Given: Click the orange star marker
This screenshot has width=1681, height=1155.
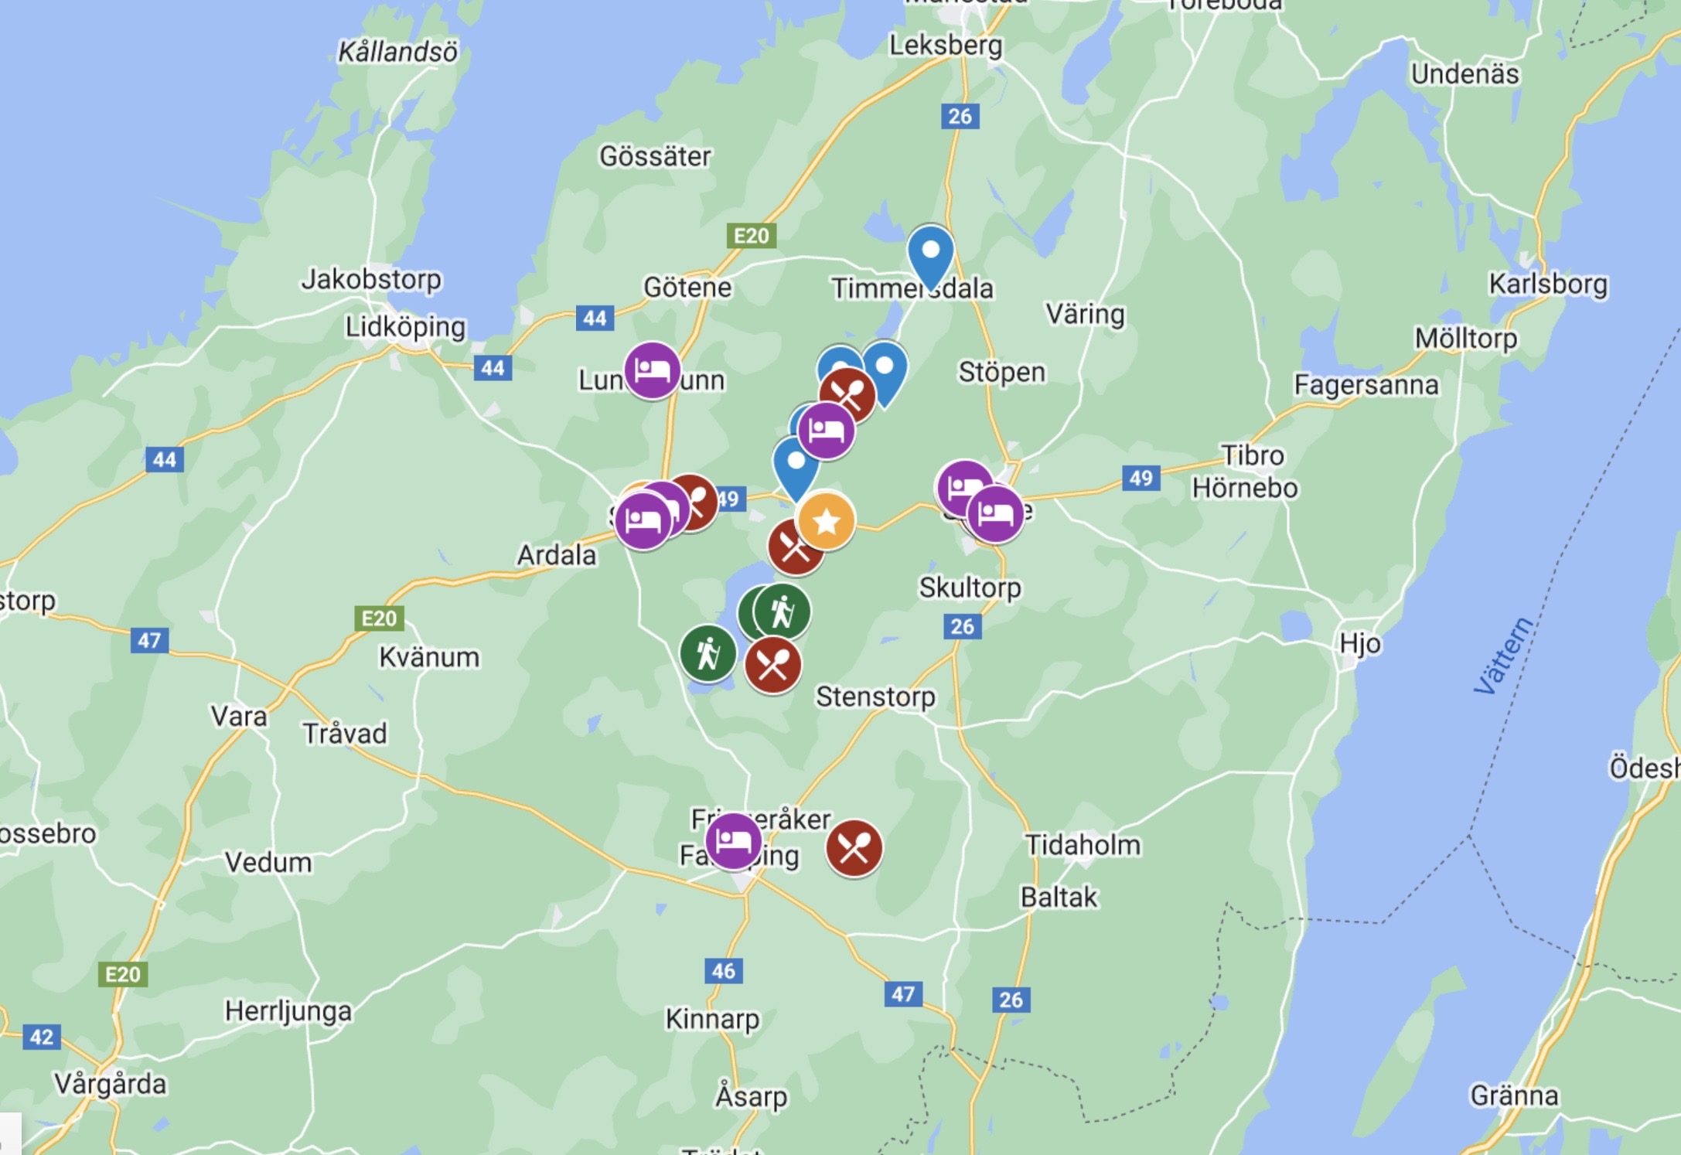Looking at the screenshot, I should pyautogui.click(x=826, y=521).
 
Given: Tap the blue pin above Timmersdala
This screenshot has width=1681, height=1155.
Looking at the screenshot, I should pyautogui.click(x=930, y=253).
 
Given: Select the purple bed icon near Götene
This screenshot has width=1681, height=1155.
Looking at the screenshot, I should pyautogui.click(x=652, y=370).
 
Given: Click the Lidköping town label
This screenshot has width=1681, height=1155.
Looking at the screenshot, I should pyautogui.click(x=405, y=327).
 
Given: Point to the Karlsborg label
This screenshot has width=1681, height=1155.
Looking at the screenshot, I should pyautogui.click(x=1548, y=284).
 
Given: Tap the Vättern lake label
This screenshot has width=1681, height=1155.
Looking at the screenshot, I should pyautogui.click(x=1502, y=656).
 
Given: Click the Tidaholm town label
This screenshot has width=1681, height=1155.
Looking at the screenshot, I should pyautogui.click(x=1083, y=845).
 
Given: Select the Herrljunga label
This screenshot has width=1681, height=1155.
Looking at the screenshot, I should pyautogui.click(x=288, y=1011).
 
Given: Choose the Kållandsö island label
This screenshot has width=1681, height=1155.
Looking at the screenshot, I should pyautogui.click(x=397, y=52).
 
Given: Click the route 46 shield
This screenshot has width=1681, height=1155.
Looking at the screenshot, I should pyautogui.click(x=723, y=971).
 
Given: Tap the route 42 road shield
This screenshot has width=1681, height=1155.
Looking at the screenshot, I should pyautogui.click(x=41, y=1037).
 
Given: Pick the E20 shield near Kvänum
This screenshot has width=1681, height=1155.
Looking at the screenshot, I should pyautogui.click(x=379, y=618).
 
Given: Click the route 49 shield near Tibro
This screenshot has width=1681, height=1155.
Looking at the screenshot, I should pyautogui.click(x=1141, y=478).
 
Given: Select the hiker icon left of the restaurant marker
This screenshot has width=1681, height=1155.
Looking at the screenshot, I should pyautogui.click(x=708, y=653).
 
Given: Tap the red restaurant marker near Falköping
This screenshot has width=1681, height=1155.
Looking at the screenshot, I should pyautogui.click(x=854, y=849).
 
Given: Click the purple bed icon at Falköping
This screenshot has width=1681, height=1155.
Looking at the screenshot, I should pyautogui.click(x=733, y=841).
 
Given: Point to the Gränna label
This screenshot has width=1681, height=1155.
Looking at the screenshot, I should pyautogui.click(x=1514, y=1095).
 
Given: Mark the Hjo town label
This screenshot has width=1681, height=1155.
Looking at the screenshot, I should pyautogui.click(x=1360, y=643).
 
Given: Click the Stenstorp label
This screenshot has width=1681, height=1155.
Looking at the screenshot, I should pyautogui.click(x=875, y=697).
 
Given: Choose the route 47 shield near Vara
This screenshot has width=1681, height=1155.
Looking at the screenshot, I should pyautogui.click(x=149, y=640).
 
